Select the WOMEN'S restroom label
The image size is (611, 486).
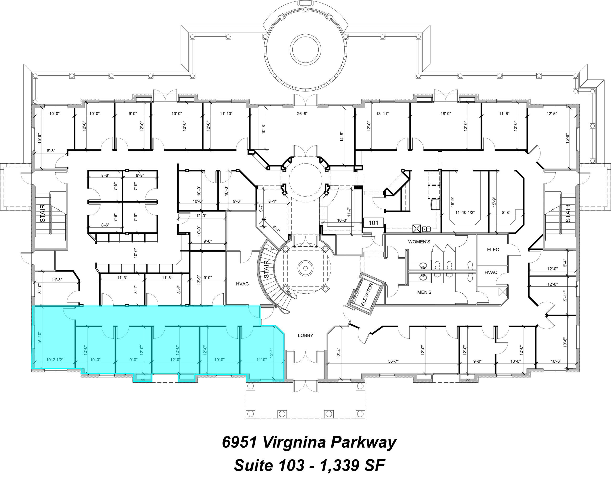pyautogui.click(x=419, y=242)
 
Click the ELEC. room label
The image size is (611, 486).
pyautogui.click(x=493, y=250)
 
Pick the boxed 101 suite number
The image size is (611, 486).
pyautogui.click(x=373, y=223)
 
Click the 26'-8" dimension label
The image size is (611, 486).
pyautogui.click(x=302, y=114)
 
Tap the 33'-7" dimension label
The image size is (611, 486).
pyautogui.click(x=393, y=361)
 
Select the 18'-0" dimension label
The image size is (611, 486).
pyautogui.click(x=446, y=114)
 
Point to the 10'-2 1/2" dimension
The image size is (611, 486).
pyautogui.click(x=55, y=360)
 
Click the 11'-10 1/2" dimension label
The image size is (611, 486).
pyautogui.click(x=465, y=212)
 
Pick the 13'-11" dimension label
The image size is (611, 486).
pyautogui.click(x=382, y=114)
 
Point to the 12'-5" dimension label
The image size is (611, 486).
pyautogui.click(x=552, y=114)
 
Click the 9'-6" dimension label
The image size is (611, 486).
pyautogui.click(x=237, y=201)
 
